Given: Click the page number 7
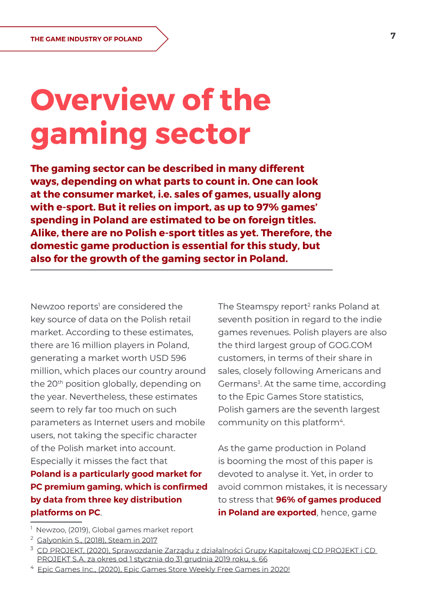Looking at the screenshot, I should pyautogui.click(x=393, y=36).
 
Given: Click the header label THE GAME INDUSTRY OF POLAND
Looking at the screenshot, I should pyautogui.click(x=86, y=39).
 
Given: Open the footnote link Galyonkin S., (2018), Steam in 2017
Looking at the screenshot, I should pyautogui.click(x=97, y=540).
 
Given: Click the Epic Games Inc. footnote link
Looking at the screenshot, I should pyautogui.click(x=163, y=570).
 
